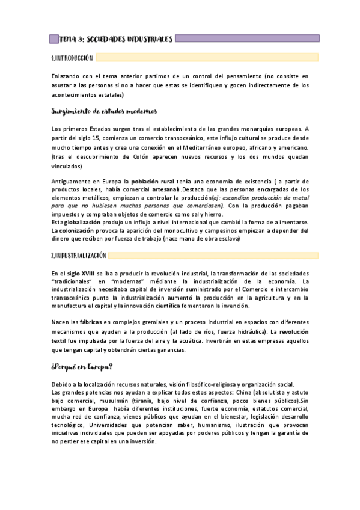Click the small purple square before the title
coord(53,39)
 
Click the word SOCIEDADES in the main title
coord(103,39)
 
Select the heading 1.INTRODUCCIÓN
coord(73,58)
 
